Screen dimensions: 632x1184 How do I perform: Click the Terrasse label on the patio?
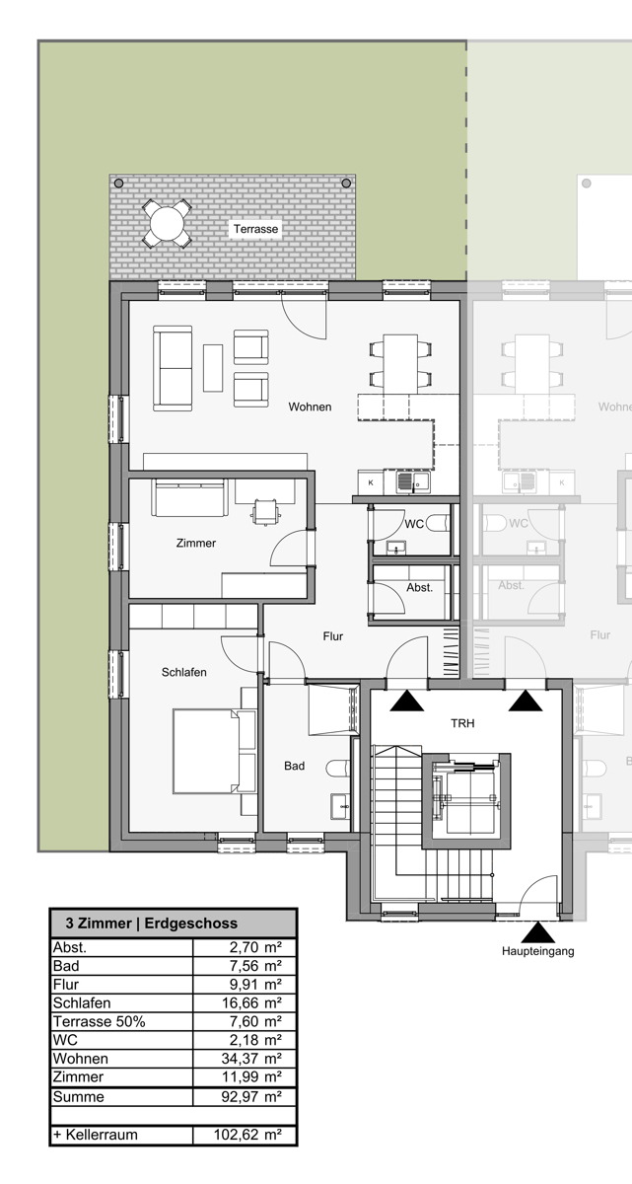255,229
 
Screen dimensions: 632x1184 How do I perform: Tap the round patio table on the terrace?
167,224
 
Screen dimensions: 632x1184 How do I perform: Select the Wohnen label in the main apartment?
310,407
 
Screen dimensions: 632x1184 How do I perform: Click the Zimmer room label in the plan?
196,543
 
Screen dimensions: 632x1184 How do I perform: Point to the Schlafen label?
183,672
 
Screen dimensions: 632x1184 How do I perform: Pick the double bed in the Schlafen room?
214,751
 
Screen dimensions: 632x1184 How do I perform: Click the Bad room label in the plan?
294,766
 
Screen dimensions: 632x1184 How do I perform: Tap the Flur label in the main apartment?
332,635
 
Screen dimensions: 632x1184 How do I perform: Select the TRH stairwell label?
462,723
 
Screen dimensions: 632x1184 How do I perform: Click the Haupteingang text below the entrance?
537,951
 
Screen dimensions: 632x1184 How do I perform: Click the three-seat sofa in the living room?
173,368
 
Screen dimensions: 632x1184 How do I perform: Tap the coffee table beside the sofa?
213,368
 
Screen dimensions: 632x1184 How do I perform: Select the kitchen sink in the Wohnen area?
413,481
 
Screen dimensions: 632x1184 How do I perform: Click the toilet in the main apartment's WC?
437,523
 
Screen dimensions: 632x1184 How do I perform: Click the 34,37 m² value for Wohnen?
251,1058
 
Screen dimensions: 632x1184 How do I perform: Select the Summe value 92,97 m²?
251,1096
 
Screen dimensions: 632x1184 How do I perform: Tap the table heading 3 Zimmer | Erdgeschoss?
152,923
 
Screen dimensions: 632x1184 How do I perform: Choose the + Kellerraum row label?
95,1135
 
